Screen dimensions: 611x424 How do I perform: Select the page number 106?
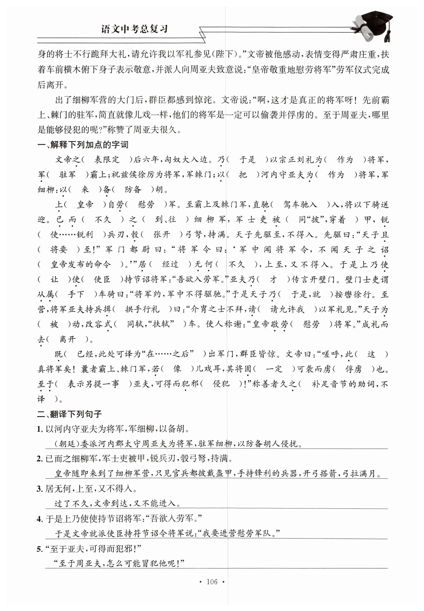point(212,582)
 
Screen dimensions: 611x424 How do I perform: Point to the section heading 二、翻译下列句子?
point(69,414)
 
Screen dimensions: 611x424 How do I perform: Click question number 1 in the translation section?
point(40,429)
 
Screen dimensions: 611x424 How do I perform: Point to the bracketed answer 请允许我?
point(287,309)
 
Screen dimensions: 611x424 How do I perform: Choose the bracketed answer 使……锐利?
point(72,235)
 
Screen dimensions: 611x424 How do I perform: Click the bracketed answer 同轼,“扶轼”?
point(150,324)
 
